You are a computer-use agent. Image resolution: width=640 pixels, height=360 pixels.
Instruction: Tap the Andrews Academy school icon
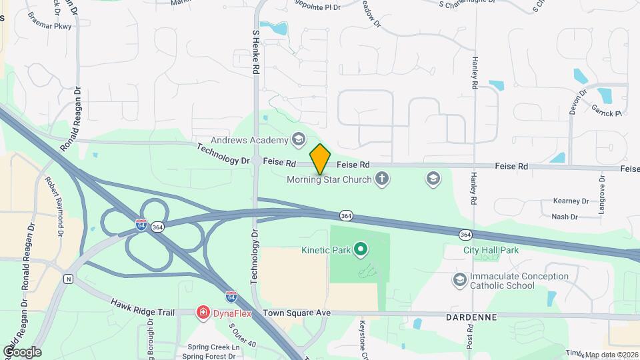pos(298,139)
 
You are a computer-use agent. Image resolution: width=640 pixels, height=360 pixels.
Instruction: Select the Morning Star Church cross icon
pos(381,179)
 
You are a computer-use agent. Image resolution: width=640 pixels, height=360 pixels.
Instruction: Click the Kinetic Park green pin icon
pos(361,250)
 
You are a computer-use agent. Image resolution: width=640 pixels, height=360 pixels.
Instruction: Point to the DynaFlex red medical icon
pos(201,312)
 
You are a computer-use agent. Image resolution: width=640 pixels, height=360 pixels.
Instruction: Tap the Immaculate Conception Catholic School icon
pos(459,279)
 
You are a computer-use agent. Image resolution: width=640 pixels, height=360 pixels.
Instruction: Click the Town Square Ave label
pos(297,313)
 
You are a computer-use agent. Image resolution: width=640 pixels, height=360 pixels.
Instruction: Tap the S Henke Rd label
pos(256,50)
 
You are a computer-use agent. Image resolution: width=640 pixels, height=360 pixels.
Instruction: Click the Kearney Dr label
pos(571,201)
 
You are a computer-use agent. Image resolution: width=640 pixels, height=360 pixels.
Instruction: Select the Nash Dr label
pos(564,217)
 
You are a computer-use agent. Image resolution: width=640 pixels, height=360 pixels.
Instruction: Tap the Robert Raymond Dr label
pos(55,207)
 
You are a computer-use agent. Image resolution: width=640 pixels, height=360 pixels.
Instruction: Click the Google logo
pos(21,351)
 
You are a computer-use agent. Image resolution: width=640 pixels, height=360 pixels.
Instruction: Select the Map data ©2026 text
pos(611,354)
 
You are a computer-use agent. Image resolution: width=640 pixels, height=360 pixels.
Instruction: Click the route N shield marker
pos(67,279)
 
